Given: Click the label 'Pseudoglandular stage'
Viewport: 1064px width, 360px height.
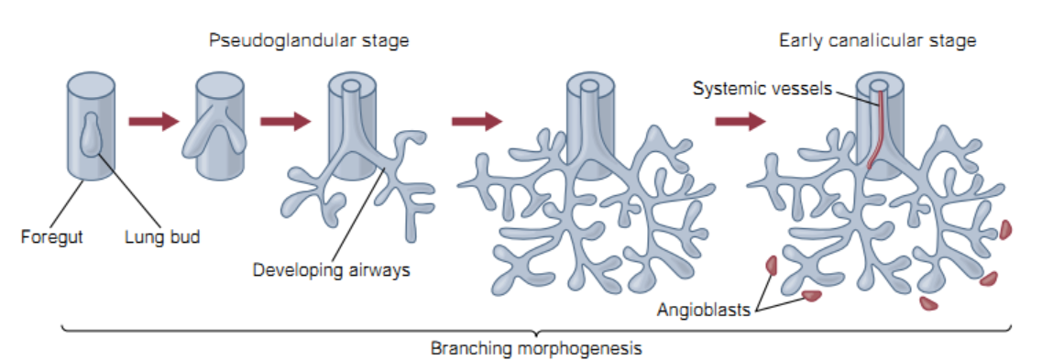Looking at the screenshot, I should click(309, 41).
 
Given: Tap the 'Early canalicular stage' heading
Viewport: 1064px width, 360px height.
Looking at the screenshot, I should click(877, 41).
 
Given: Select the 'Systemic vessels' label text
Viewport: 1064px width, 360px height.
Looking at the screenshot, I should click(762, 89).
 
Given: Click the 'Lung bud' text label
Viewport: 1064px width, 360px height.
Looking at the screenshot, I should click(162, 237).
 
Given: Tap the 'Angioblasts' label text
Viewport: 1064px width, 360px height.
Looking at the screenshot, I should click(703, 310).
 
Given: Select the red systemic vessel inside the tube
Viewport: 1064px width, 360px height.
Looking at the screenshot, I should click(877, 128).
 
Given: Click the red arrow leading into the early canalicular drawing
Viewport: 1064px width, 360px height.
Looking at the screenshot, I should click(740, 121).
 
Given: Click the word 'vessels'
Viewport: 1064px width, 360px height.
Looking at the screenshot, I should click(806, 89).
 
